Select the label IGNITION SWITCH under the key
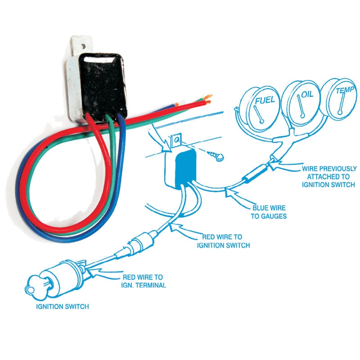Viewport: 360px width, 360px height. click(63, 306)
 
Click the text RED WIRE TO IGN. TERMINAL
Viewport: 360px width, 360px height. click(143, 281)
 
